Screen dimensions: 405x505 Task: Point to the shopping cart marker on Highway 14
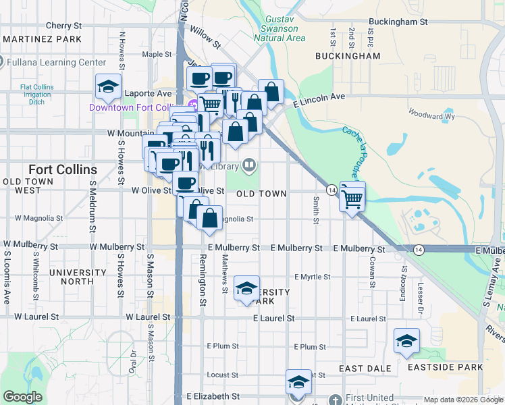point(352,196)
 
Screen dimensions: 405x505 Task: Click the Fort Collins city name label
point(62,169)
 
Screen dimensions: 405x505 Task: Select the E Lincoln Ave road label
point(320,99)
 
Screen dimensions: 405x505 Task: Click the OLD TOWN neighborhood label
point(262,193)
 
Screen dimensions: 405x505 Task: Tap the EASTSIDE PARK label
point(446,367)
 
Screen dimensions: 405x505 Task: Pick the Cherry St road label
point(63,26)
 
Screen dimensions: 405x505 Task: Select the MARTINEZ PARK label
point(42,39)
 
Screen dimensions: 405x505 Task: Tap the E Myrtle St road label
point(313,277)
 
